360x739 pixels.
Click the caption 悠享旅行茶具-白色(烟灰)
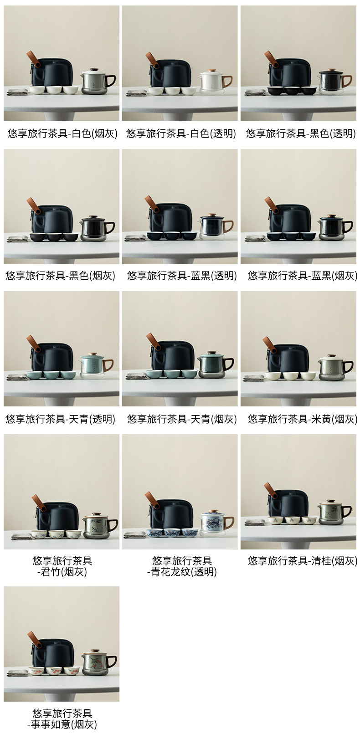(62, 133)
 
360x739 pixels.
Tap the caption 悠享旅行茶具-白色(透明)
(181, 133)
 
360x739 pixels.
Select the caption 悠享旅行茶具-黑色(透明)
(301, 133)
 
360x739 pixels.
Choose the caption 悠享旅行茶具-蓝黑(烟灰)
(302, 276)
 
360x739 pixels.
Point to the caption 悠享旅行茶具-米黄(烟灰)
(302, 419)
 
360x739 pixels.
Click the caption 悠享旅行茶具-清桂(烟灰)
(302, 561)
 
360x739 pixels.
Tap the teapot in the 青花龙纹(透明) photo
(216, 523)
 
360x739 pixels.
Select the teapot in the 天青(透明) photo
(96, 366)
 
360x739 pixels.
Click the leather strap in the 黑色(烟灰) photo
(33, 205)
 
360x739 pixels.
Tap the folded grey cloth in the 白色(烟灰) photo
(17, 92)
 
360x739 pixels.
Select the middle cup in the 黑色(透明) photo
(292, 90)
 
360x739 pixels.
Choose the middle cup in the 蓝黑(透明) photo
(172, 236)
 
